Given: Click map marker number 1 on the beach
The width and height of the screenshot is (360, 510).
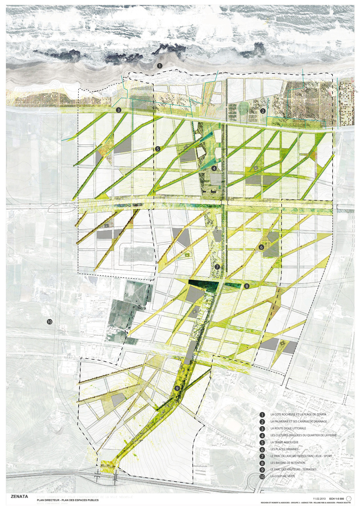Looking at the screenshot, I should coord(159,67).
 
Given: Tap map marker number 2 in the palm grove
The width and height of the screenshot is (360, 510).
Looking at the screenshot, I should coord(263,111).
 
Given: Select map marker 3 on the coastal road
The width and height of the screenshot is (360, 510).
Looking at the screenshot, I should coord(119,110).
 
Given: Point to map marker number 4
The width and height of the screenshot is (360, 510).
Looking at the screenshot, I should coord(214,168).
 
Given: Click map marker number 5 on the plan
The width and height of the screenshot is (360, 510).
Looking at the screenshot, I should coord(157,149).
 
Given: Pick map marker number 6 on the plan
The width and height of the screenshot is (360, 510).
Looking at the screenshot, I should coord(261,247).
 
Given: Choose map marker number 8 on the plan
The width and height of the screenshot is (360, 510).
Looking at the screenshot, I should coord(247,285).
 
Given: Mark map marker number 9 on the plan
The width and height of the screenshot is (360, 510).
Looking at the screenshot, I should coord(177,388).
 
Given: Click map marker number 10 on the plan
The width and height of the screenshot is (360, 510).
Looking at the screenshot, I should coord(49,322).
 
